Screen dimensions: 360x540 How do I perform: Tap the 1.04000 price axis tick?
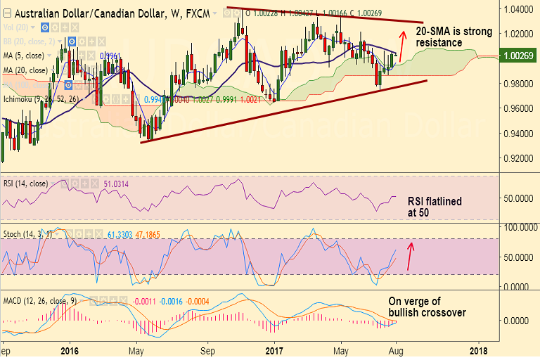click(x=515, y=10)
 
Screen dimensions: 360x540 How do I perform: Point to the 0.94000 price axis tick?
click(x=515, y=134)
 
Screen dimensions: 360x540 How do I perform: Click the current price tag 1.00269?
click(x=515, y=58)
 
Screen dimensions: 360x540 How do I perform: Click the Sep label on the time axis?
click(x=207, y=349)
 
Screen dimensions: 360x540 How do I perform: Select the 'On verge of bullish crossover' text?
click(x=427, y=307)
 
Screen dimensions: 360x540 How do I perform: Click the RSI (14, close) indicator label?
click(x=25, y=184)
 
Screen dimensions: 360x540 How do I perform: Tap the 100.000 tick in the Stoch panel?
click(x=515, y=227)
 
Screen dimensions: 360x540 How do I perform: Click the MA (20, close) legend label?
click(x=25, y=70)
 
